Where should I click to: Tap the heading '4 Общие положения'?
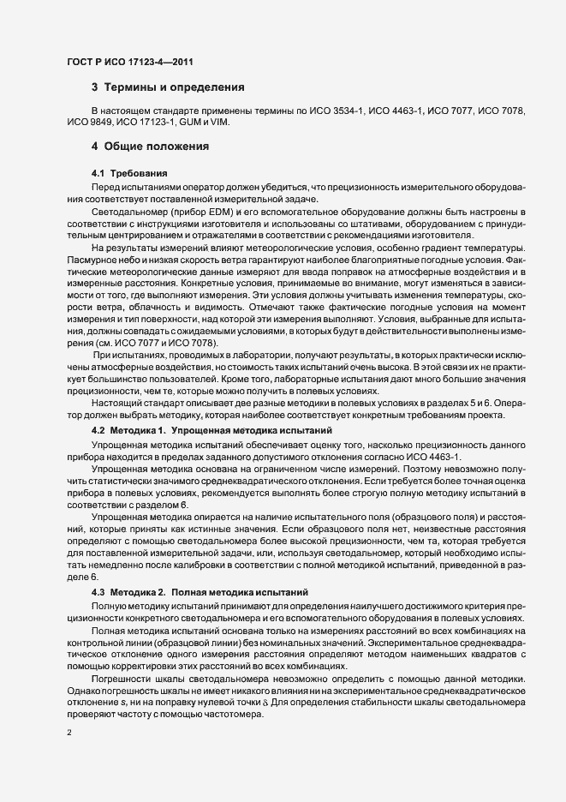pyautogui.click(x=151, y=146)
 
